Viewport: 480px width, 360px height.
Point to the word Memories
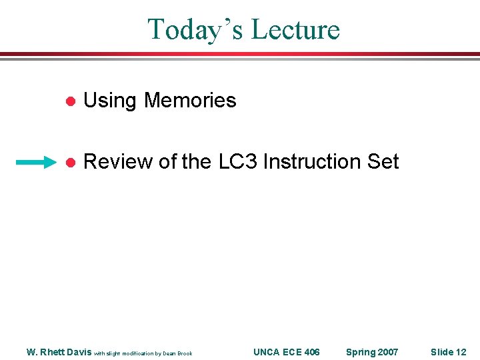(x=190, y=101)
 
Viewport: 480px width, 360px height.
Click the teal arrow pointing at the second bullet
(x=37, y=162)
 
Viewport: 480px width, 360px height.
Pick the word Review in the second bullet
(x=117, y=162)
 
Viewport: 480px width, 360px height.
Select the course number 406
(x=311, y=352)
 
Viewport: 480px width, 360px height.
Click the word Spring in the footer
(x=361, y=352)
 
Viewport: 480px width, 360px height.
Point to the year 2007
(x=388, y=352)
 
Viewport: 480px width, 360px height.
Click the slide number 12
(x=461, y=352)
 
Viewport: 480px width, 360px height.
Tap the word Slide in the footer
(x=442, y=352)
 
